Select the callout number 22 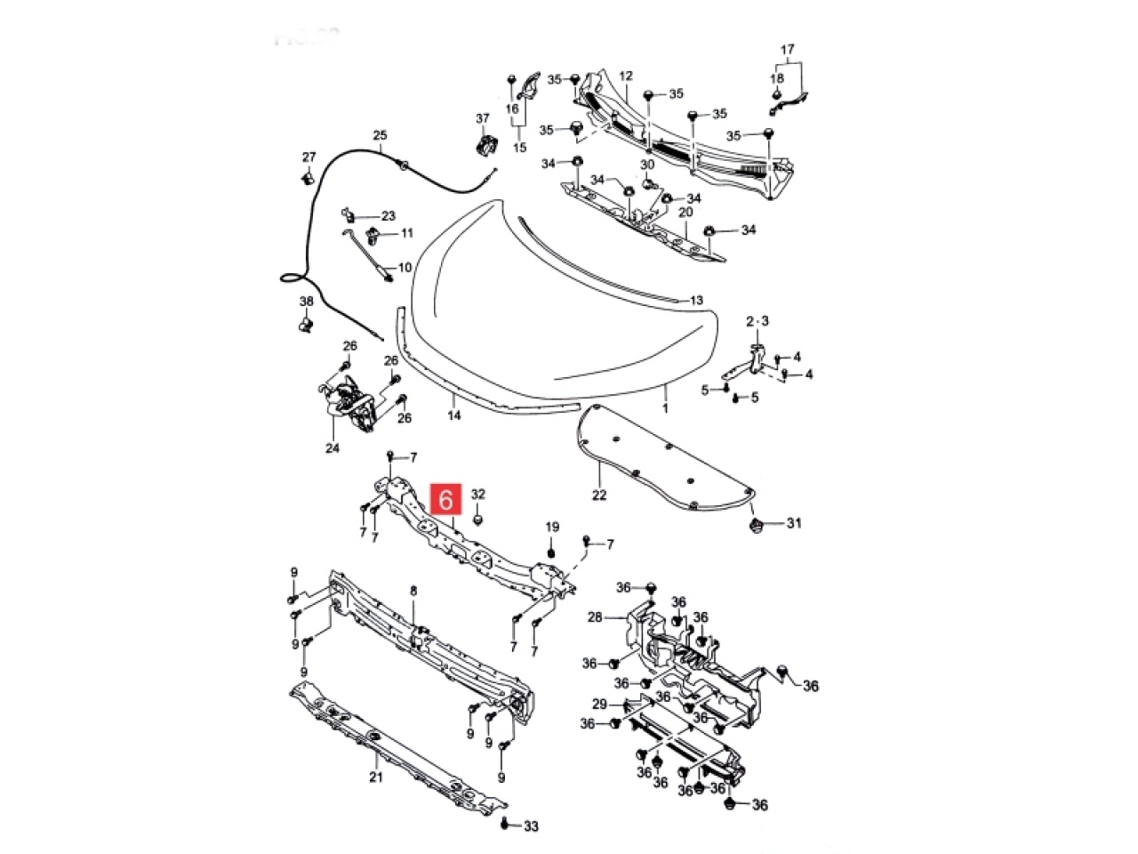click(599, 495)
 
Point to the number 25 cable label click(380, 136)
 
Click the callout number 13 click(696, 301)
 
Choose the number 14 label click(453, 415)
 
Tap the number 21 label click(375, 777)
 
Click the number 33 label click(531, 826)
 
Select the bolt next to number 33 click(506, 824)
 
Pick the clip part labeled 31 click(757, 525)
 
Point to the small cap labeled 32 click(478, 516)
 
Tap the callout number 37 click(483, 118)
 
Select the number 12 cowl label click(625, 76)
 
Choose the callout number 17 click(787, 49)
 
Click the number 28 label click(595, 616)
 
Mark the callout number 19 click(551, 528)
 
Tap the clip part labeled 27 click(307, 178)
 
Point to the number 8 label click(413, 591)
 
